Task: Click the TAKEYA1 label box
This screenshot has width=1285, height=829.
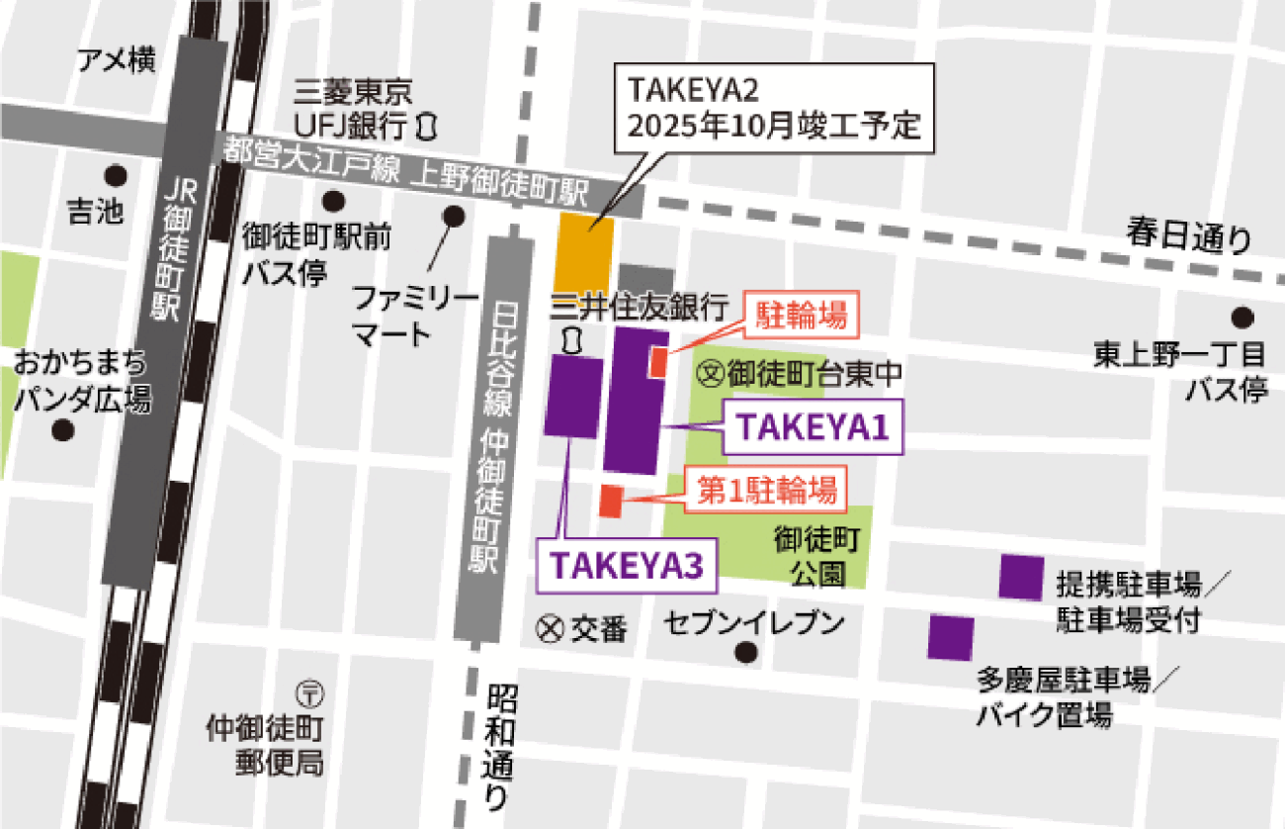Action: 814,427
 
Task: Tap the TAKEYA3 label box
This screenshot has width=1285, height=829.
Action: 626,565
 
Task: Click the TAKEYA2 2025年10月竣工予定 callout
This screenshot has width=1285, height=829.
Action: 774,109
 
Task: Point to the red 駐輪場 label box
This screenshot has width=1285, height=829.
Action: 802,316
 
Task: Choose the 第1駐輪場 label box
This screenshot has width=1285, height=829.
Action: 767,490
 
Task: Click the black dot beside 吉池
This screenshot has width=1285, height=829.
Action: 117,176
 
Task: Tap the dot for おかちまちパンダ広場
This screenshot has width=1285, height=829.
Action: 65,430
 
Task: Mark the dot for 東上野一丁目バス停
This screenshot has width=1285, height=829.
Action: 1242,318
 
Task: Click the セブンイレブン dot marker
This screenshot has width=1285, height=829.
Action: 746,653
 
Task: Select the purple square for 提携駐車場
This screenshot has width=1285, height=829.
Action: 1021,577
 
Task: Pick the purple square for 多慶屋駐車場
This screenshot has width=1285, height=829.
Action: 951,637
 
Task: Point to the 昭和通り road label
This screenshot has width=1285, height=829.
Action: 500,741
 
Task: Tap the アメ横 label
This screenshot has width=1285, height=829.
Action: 117,61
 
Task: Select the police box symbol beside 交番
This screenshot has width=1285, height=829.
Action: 550,628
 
